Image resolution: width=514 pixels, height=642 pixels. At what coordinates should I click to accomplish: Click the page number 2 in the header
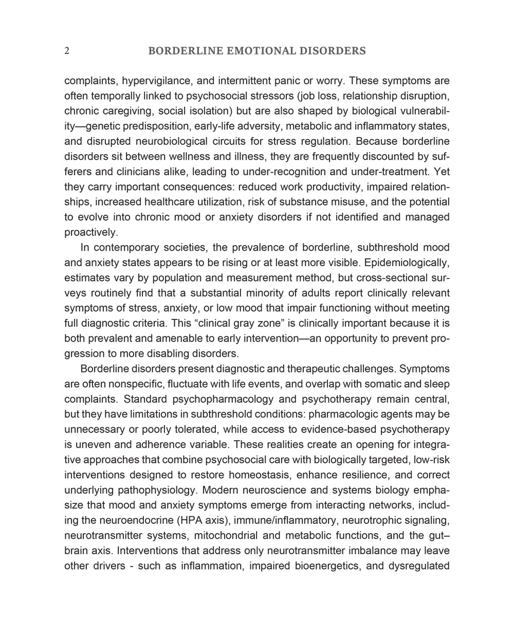tap(67, 51)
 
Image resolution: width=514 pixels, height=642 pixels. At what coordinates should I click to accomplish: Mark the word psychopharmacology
tap(222, 399)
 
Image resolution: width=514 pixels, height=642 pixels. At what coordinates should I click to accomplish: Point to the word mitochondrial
tap(227, 536)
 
